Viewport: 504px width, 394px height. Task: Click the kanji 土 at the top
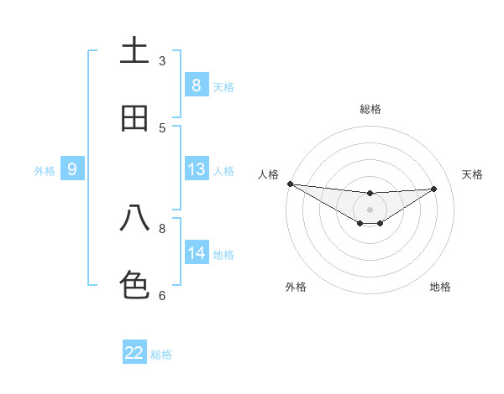coord(134,51)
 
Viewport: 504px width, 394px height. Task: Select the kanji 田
coord(134,118)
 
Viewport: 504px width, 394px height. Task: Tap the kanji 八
coord(134,218)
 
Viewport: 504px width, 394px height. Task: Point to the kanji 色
coord(134,285)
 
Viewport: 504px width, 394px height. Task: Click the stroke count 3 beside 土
coord(162,61)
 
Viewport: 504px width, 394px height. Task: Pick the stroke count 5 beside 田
coord(162,128)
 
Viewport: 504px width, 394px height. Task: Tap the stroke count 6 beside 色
coord(162,295)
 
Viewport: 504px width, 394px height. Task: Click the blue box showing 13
coord(197,169)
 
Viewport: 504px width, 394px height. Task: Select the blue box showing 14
coord(197,253)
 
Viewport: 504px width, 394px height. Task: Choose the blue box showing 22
coord(134,353)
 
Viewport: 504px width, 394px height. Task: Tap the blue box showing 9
coord(72,169)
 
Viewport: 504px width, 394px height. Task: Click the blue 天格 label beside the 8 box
coord(223,87)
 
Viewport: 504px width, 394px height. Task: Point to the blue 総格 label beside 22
coord(161,355)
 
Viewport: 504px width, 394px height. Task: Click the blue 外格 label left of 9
coord(45,171)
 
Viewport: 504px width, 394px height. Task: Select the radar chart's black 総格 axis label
coord(370,109)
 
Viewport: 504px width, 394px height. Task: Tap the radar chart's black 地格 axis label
coord(440,287)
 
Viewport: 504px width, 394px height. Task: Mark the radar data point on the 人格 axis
coord(290,184)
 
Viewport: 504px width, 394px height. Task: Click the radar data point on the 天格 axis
coord(434,189)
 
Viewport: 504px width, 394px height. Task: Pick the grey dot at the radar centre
coord(370,210)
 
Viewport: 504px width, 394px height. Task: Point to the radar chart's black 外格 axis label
coord(296,287)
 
